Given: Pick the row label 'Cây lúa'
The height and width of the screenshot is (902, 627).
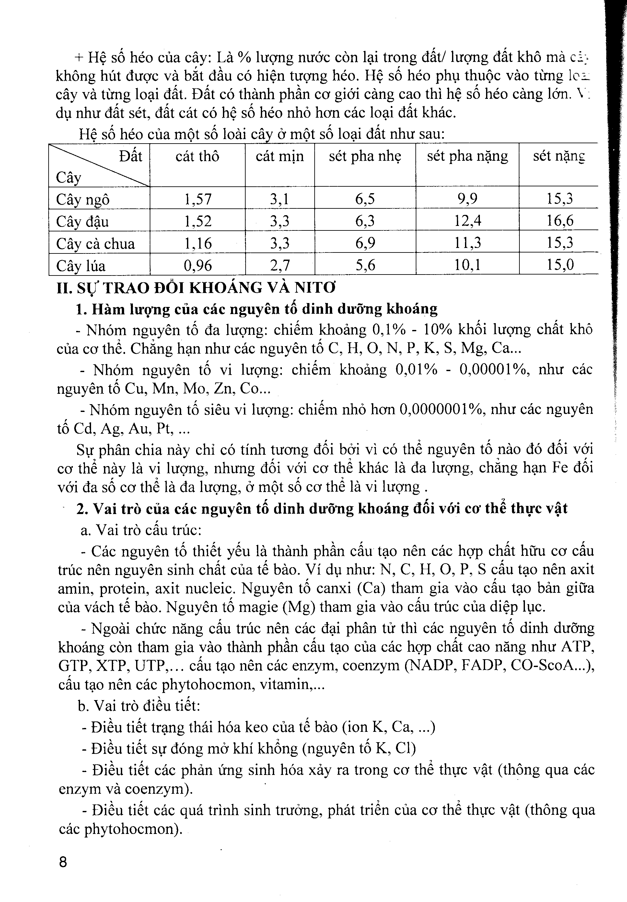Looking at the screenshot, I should (x=81, y=266).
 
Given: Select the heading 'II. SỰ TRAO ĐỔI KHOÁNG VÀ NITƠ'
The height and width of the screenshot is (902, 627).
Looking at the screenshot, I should (x=196, y=288).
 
